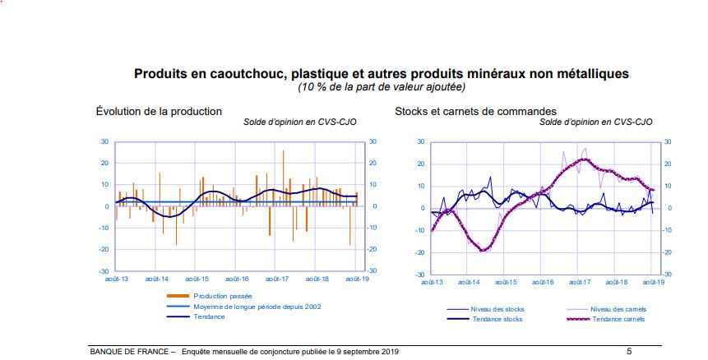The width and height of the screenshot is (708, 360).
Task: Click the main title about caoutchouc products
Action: [382, 74]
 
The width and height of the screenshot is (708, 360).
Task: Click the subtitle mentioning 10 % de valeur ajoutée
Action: [382, 86]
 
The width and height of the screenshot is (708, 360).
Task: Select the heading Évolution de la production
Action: [159, 111]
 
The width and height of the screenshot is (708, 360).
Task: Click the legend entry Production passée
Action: [223, 296]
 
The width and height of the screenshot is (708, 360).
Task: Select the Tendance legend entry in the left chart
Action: [209, 316]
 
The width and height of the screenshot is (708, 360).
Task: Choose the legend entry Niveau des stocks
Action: [497, 309]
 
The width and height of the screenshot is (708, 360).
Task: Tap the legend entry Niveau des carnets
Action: [617, 309]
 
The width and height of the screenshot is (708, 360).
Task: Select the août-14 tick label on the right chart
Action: [469, 282]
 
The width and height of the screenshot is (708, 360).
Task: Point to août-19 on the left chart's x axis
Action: [357, 279]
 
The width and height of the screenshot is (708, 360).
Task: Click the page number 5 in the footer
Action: [629, 351]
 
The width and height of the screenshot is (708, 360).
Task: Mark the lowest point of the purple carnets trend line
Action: [484, 249]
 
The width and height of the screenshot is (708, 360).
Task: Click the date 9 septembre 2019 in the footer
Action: [368, 351]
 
